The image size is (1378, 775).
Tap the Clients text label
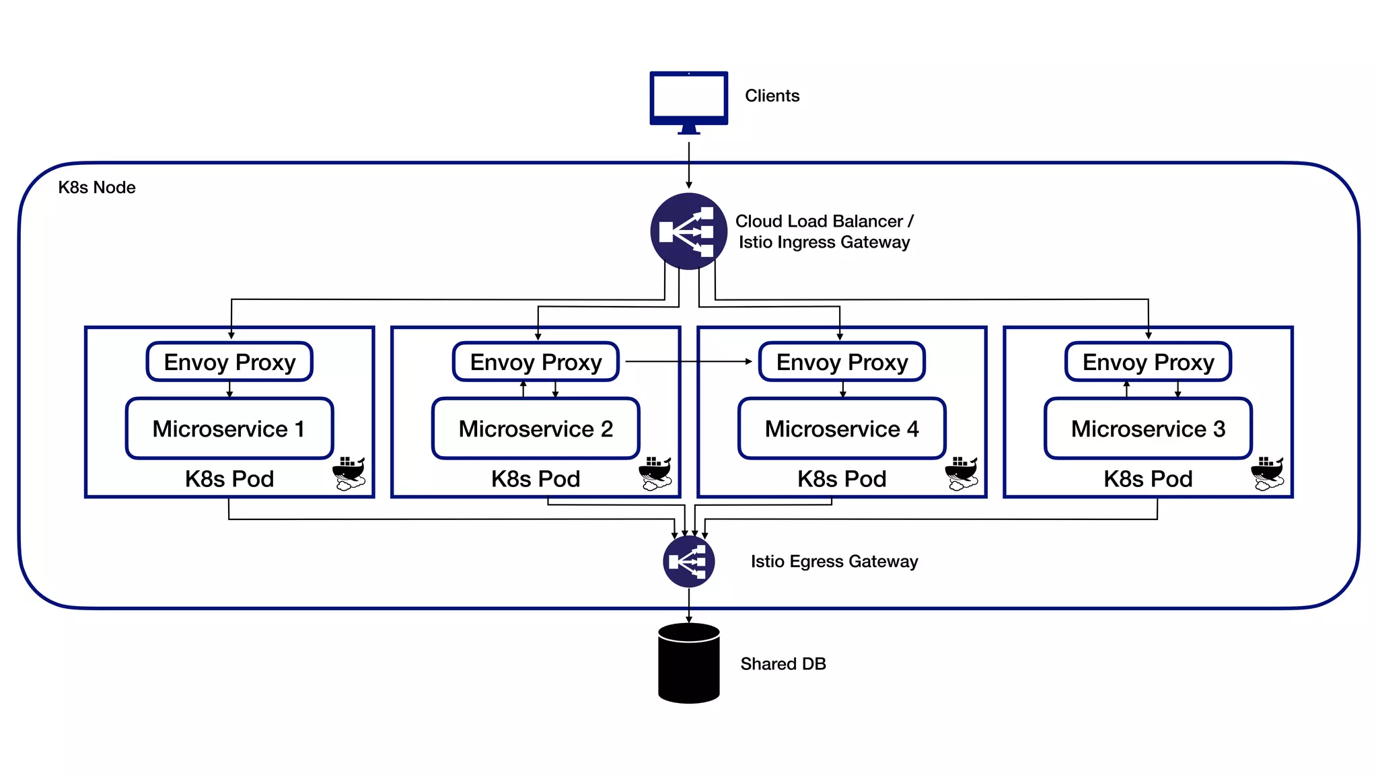[x=772, y=96]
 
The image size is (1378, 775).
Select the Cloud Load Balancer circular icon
[x=688, y=231]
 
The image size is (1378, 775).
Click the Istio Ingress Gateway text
[x=824, y=242]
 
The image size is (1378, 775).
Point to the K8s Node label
[x=97, y=188]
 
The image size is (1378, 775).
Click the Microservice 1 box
[x=229, y=429]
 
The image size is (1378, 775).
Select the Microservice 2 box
[x=536, y=429]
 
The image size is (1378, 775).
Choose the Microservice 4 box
[x=842, y=429]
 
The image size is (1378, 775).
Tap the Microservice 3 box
[x=1148, y=429]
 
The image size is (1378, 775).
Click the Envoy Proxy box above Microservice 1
[x=229, y=362]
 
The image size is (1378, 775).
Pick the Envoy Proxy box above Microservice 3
[x=1148, y=362]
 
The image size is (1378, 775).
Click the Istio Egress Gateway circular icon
[x=688, y=561]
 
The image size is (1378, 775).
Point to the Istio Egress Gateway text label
[x=834, y=562]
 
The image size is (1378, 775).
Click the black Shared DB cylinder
[x=688, y=664]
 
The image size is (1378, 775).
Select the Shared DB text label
[x=783, y=664]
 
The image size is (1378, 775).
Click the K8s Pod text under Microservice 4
[x=842, y=479]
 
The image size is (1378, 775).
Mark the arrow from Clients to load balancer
[x=688, y=165]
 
